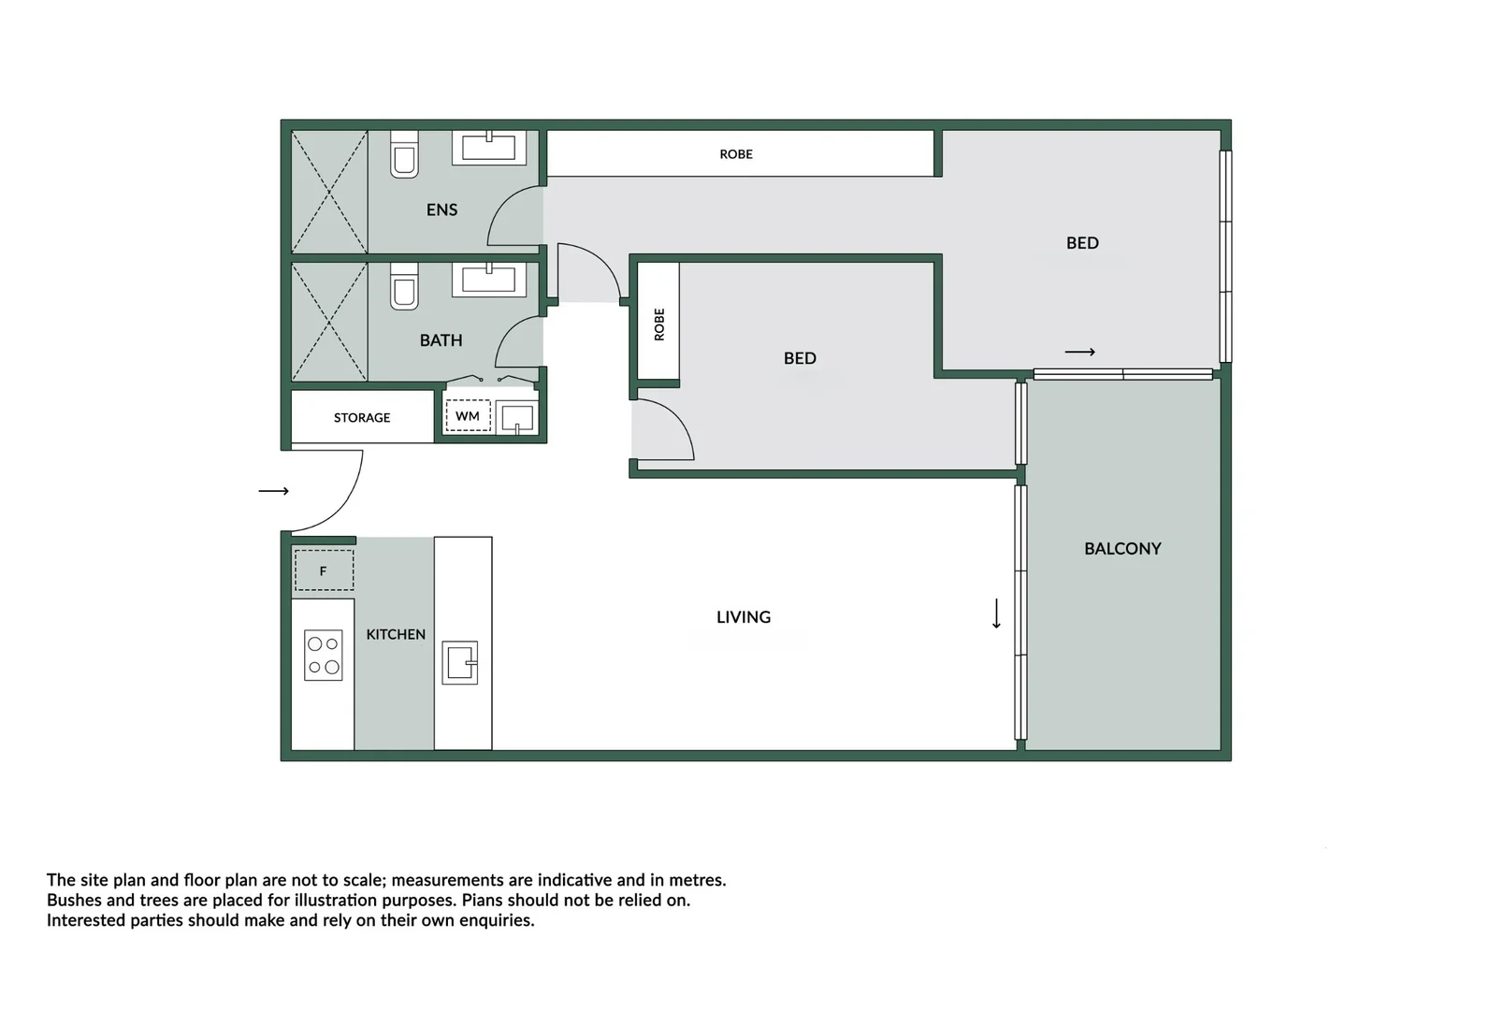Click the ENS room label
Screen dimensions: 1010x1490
tap(441, 209)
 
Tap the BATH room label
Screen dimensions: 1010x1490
tap(441, 340)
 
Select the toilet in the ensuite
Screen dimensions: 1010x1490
tap(404, 154)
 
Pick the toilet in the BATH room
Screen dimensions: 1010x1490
tap(404, 286)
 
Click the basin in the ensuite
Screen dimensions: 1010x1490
tap(488, 147)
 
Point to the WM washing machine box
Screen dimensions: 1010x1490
tap(468, 416)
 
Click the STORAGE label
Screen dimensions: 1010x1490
tap(362, 418)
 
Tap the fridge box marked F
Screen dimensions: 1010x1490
tap(324, 570)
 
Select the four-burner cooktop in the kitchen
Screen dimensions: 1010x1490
tap(324, 655)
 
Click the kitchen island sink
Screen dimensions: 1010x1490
tap(460, 663)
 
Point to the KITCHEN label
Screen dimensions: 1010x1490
tap(396, 634)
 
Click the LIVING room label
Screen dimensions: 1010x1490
tap(744, 617)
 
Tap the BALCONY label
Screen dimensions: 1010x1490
tap(1122, 549)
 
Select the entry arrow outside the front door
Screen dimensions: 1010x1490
tap(273, 491)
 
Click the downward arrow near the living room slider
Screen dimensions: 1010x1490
tap(996, 614)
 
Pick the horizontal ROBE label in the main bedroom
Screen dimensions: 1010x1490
tap(736, 154)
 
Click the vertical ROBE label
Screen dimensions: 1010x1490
tap(659, 325)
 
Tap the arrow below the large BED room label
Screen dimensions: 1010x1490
tap(1079, 352)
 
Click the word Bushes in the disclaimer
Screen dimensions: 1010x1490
tap(73, 901)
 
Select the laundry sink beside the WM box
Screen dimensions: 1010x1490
tap(516, 417)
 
